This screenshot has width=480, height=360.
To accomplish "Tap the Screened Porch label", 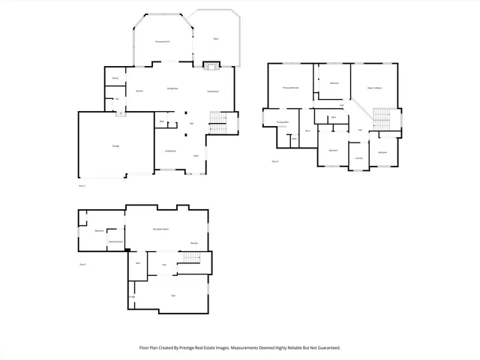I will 160,40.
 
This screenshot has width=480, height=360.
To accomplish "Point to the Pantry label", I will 116,79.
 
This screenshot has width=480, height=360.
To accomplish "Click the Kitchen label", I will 139,91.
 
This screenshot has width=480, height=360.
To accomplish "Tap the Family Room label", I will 212,91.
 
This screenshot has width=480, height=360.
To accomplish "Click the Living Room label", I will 171,151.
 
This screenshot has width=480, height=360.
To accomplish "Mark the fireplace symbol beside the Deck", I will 211,66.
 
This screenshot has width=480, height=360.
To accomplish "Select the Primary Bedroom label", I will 291,88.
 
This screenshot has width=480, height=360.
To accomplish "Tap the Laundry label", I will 359,158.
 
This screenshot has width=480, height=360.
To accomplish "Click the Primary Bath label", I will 283,121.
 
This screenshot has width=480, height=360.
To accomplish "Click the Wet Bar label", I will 193,243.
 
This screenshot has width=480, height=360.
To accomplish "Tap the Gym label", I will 173,295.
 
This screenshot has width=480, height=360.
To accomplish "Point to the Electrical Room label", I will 115,241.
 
